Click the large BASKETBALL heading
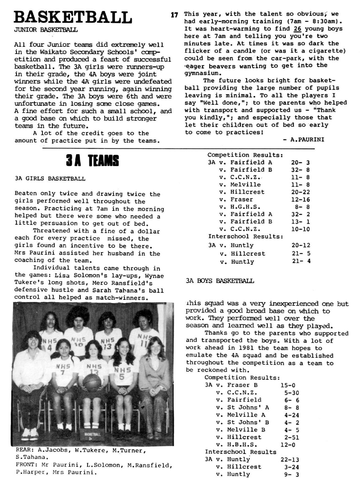click(x=73, y=17)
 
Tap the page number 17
click(x=174, y=15)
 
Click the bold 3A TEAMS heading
click(x=92, y=161)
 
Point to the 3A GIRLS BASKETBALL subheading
click(x=50, y=179)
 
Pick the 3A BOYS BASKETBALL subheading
click(x=220, y=281)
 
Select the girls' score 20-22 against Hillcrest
click(x=301, y=192)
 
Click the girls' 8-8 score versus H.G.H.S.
click(x=302, y=207)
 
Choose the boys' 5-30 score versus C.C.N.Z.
click(x=291, y=393)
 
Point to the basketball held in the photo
click(x=92, y=382)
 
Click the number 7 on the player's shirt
click(x=63, y=373)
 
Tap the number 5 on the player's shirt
click(x=122, y=377)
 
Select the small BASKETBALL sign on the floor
click(x=92, y=436)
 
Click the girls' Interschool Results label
click(x=246, y=236)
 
